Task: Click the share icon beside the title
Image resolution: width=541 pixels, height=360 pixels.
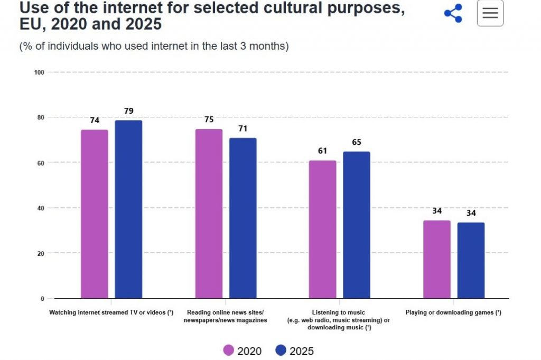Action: pyautogui.click(x=453, y=13)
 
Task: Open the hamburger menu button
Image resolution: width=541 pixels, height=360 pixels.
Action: pyautogui.click(x=490, y=13)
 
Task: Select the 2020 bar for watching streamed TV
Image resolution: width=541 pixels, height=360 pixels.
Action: pyautogui.click(x=95, y=214)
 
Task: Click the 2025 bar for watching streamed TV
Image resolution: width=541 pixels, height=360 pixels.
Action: pyautogui.click(x=128, y=209)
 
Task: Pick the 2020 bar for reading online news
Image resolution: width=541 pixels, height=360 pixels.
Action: pyautogui.click(x=209, y=214)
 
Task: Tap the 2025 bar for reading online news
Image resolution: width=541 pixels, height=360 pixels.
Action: pyautogui.click(x=243, y=218)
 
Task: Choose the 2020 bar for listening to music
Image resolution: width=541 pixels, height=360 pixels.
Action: pyautogui.click(x=323, y=229)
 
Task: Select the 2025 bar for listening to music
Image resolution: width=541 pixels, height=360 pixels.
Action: pyautogui.click(x=357, y=225)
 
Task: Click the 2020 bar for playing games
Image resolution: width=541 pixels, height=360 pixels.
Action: pyautogui.click(x=437, y=260)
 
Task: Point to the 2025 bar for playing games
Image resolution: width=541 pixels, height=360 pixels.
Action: pyautogui.click(x=471, y=261)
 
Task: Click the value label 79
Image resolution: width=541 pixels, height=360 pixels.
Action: pyautogui.click(x=129, y=111)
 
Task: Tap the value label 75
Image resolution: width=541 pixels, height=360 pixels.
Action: pyautogui.click(x=209, y=119)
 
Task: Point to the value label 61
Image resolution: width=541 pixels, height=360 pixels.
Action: pyautogui.click(x=322, y=151)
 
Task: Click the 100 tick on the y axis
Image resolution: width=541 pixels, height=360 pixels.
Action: pyautogui.click(x=39, y=72)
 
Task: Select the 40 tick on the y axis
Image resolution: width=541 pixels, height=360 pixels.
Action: pyautogui.click(x=41, y=208)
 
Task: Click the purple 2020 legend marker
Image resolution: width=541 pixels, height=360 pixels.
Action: pyautogui.click(x=228, y=350)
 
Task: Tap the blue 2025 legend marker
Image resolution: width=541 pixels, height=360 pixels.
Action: pyautogui.click(x=281, y=350)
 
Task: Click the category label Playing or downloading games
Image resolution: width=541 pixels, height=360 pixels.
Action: pyautogui.click(x=453, y=312)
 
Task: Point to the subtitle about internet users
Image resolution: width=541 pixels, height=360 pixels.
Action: pyautogui.click(x=154, y=46)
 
